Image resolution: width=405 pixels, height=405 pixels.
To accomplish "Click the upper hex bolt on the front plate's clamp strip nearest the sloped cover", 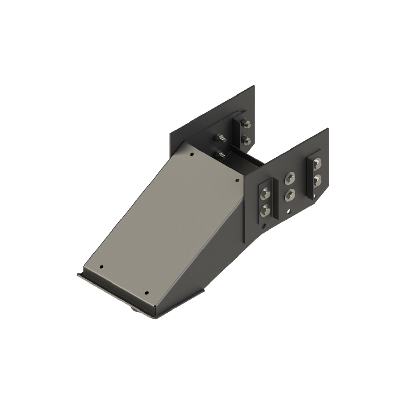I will [x=265, y=194].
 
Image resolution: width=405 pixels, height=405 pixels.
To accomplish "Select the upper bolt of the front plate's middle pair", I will [x=290, y=178].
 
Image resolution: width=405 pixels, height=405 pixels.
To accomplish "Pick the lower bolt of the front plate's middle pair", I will [x=290, y=195].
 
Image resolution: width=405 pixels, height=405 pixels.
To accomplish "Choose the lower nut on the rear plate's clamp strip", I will [x=247, y=139].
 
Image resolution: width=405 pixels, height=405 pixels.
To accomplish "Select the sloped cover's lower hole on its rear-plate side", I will [x=101, y=267].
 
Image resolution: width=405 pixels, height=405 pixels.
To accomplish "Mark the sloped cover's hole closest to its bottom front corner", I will [x=146, y=293].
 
